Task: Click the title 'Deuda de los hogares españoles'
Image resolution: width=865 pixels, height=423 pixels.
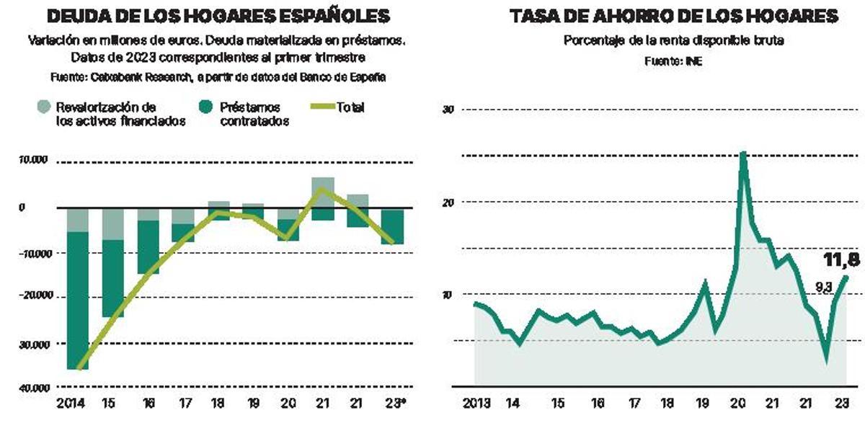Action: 218,17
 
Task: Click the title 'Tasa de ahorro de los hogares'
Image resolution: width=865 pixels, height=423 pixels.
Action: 673,17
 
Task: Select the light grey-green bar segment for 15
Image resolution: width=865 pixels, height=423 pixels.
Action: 112,223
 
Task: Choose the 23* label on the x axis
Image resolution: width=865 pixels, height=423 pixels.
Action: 393,404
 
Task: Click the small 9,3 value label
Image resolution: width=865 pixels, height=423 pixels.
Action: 823,287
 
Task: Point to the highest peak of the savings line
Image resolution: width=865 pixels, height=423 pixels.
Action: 742,153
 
